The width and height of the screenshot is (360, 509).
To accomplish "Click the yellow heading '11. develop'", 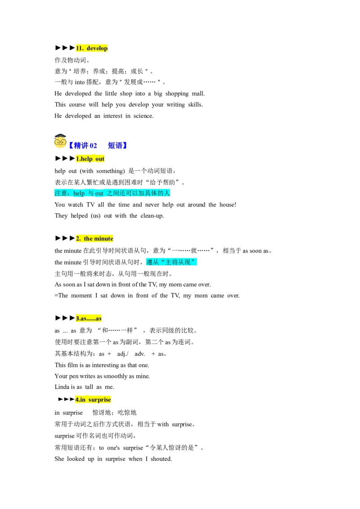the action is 92,48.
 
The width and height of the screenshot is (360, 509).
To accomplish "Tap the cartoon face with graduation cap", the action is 60,141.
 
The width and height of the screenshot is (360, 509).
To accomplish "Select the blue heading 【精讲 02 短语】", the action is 98,145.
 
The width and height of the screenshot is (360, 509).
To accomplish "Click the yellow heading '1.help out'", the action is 90,159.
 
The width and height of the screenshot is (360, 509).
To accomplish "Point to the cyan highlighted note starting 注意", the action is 112,193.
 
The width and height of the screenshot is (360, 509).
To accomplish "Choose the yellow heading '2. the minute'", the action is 94,239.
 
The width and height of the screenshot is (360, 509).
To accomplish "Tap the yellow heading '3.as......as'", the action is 89,318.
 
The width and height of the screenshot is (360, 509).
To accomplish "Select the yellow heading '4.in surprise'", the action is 93,400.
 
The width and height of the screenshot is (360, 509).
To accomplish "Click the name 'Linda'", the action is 62,387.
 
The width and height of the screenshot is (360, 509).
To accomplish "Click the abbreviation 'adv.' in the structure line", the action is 139,354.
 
